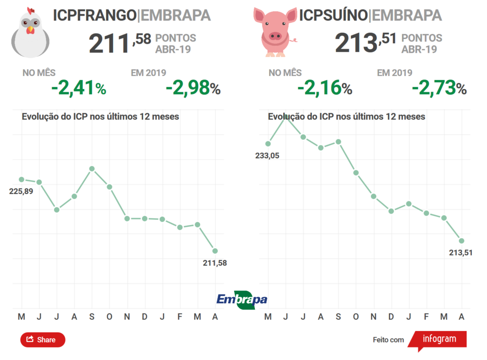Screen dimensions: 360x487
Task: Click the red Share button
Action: point(42,340)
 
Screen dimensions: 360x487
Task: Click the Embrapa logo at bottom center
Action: point(242,299)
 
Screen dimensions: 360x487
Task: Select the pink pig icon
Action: point(274,31)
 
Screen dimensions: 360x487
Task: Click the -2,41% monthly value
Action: point(78,88)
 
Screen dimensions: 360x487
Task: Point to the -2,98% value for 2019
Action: point(193,88)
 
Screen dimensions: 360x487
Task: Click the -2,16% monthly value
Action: point(324,88)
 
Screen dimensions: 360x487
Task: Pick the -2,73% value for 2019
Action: point(439,88)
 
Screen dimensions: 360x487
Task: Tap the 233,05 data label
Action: point(267,156)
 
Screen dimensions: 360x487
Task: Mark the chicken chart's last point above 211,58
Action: point(215,251)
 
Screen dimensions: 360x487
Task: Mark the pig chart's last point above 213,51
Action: point(461,241)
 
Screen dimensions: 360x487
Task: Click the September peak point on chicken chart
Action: point(92,169)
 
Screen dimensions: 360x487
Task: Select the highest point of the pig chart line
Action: point(285,115)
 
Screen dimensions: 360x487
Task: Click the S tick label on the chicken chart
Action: point(92,317)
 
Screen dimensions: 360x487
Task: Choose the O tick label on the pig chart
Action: point(356,317)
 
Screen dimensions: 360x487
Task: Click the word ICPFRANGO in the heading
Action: point(94,15)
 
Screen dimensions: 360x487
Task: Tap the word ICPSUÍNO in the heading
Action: point(333,15)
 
